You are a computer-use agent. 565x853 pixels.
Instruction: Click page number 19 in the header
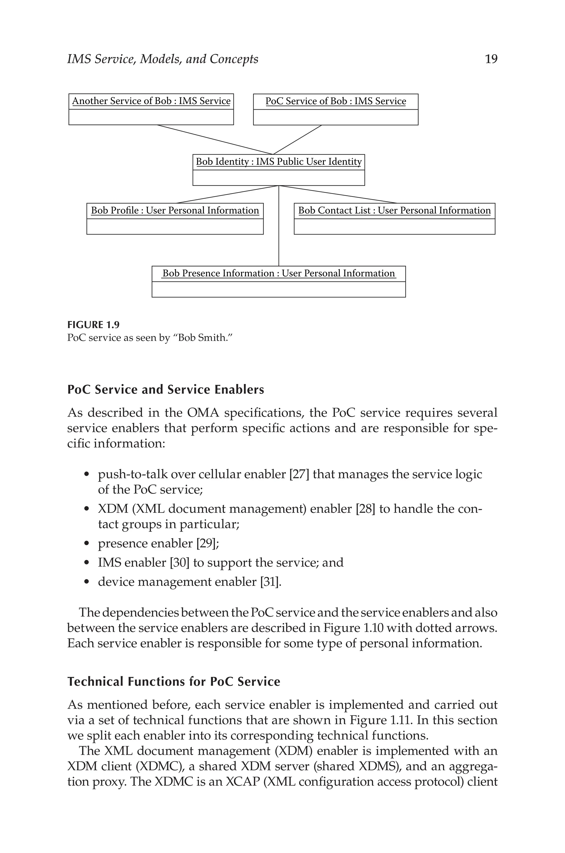pos(491,59)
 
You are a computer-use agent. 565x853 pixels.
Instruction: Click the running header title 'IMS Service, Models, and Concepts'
pos(162,59)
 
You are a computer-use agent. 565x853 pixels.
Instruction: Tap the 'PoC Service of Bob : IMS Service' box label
pos(335,102)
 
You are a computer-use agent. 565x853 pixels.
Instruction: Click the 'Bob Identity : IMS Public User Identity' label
pos(279,162)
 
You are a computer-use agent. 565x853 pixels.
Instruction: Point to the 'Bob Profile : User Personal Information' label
pos(175,211)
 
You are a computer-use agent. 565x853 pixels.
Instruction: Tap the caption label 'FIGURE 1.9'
pos(93,325)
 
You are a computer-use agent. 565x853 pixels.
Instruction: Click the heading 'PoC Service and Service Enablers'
pos(166,390)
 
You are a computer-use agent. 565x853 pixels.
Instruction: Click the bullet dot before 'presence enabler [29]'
pos(86,544)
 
